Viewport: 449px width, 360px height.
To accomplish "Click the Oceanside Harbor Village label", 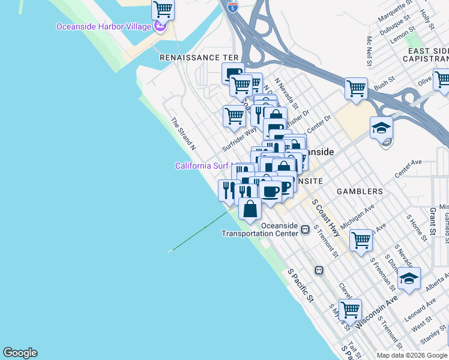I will click(x=103, y=27).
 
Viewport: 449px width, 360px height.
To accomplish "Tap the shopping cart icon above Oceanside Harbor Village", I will click(x=163, y=10).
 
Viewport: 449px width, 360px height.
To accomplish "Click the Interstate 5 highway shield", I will click(x=233, y=7).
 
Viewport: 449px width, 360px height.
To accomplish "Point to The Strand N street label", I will click(x=184, y=133).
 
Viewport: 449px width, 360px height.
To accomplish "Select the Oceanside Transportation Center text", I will click(x=260, y=229).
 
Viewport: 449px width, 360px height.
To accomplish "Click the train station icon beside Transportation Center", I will click(x=306, y=229).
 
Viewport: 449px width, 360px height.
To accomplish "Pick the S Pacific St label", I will click(x=301, y=285).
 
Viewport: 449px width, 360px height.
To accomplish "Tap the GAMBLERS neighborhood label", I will click(x=360, y=191).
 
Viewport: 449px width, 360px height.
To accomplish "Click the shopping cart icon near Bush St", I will click(x=356, y=89).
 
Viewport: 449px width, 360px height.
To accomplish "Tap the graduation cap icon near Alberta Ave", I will click(x=409, y=278).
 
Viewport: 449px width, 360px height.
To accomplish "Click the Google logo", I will click(x=20, y=353).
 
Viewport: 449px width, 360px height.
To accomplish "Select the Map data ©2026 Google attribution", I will click(x=411, y=355).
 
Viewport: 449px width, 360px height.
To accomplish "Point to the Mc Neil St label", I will click(x=370, y=52).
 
